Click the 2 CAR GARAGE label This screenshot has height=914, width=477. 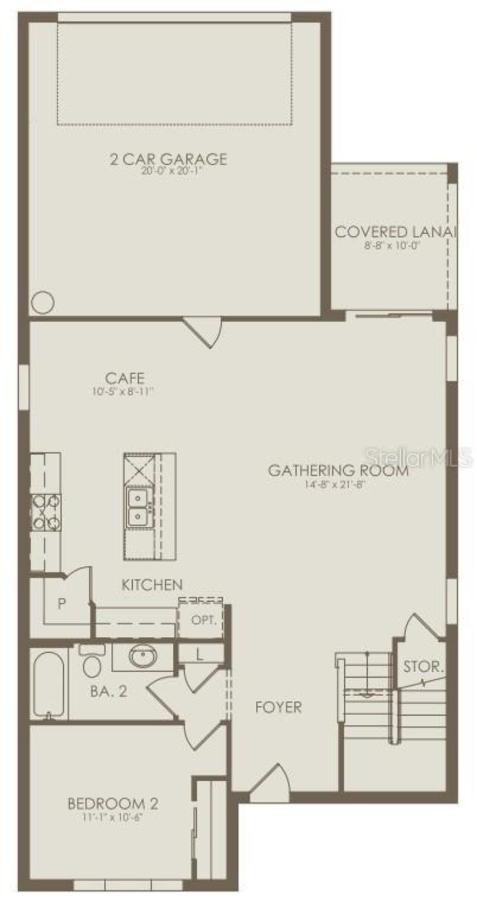pos(168,159)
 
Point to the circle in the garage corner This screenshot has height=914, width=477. pos(42,302)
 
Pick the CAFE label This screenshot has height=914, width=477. pos(124,378)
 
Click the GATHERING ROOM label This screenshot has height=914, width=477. pos(338,470)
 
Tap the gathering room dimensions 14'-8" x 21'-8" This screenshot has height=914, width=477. pos(334,485)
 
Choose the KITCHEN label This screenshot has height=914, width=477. pos(152,585)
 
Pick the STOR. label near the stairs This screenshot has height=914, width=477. pos(423,666)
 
